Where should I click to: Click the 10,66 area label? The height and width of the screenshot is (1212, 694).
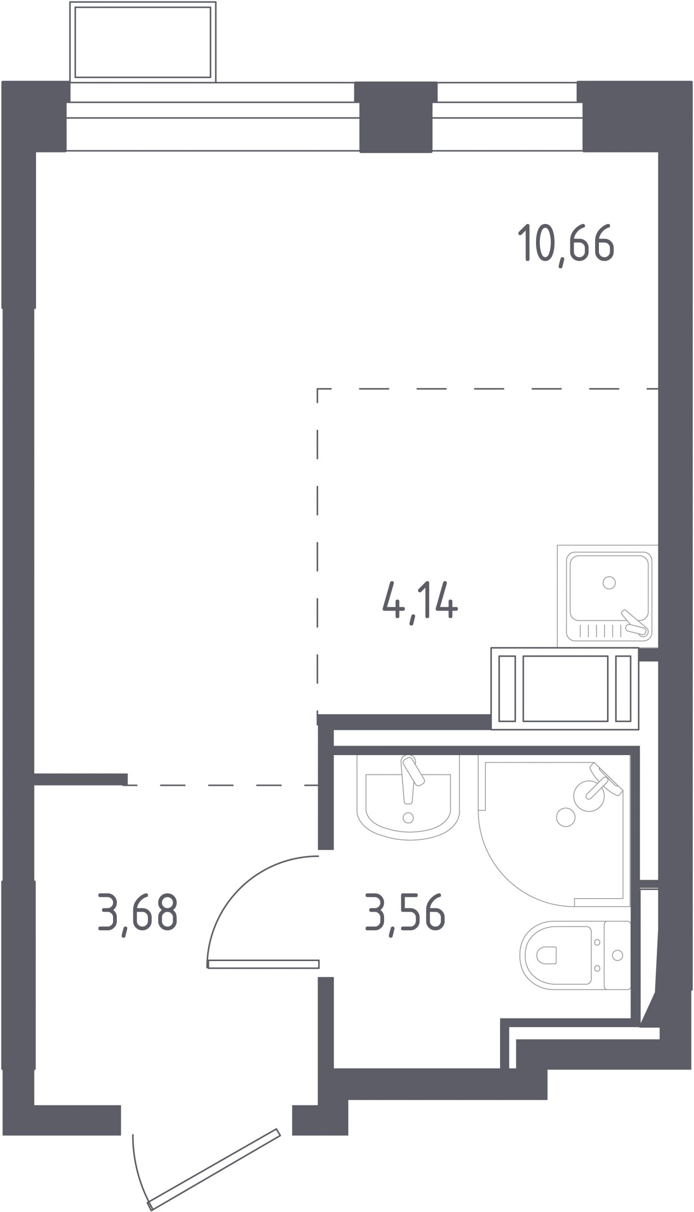pyautogui.click(x=566, y=244)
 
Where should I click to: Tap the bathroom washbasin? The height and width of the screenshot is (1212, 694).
pyautogui.click(x=408, y=800)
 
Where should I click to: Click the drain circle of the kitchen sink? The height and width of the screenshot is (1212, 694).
pyautogui.click(x=609, y=582)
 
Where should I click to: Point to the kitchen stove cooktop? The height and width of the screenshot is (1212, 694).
pyautogui.click(x=565, y=688)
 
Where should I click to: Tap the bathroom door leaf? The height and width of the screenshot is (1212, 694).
pyautogui.click(x=264, y=964)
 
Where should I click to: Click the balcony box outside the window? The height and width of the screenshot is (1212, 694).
pyautogui.click(x=142, y=42)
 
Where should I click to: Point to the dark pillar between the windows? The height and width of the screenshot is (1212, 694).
pyautogui.click(x=395, y=117)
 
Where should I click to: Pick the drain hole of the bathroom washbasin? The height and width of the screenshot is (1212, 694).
pyautogui.click(x=408, y=818)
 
